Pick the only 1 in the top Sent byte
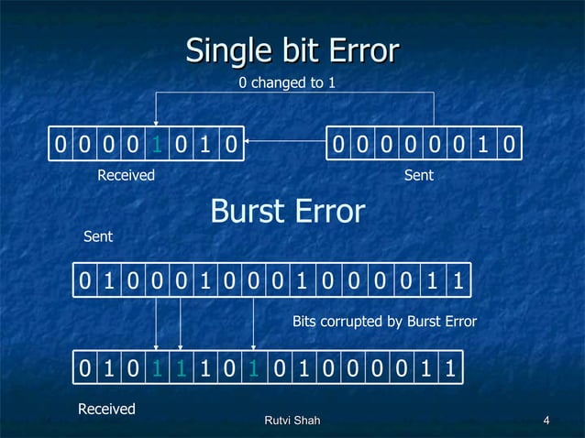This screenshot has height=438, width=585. pos(484,145)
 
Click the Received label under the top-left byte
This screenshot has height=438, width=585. pos(127,175)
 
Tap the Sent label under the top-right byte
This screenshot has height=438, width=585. pos(418,175)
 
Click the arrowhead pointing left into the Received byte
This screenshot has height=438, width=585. pos(249,142)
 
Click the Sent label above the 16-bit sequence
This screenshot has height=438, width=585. pos(98,236)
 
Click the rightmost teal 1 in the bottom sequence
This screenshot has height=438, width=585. pos(252,369)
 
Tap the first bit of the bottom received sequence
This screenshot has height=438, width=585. pos(84,369)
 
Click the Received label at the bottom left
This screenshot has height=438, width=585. pos(106,409)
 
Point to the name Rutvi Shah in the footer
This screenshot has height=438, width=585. pos(292,421)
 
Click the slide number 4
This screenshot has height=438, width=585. pos(546,421)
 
